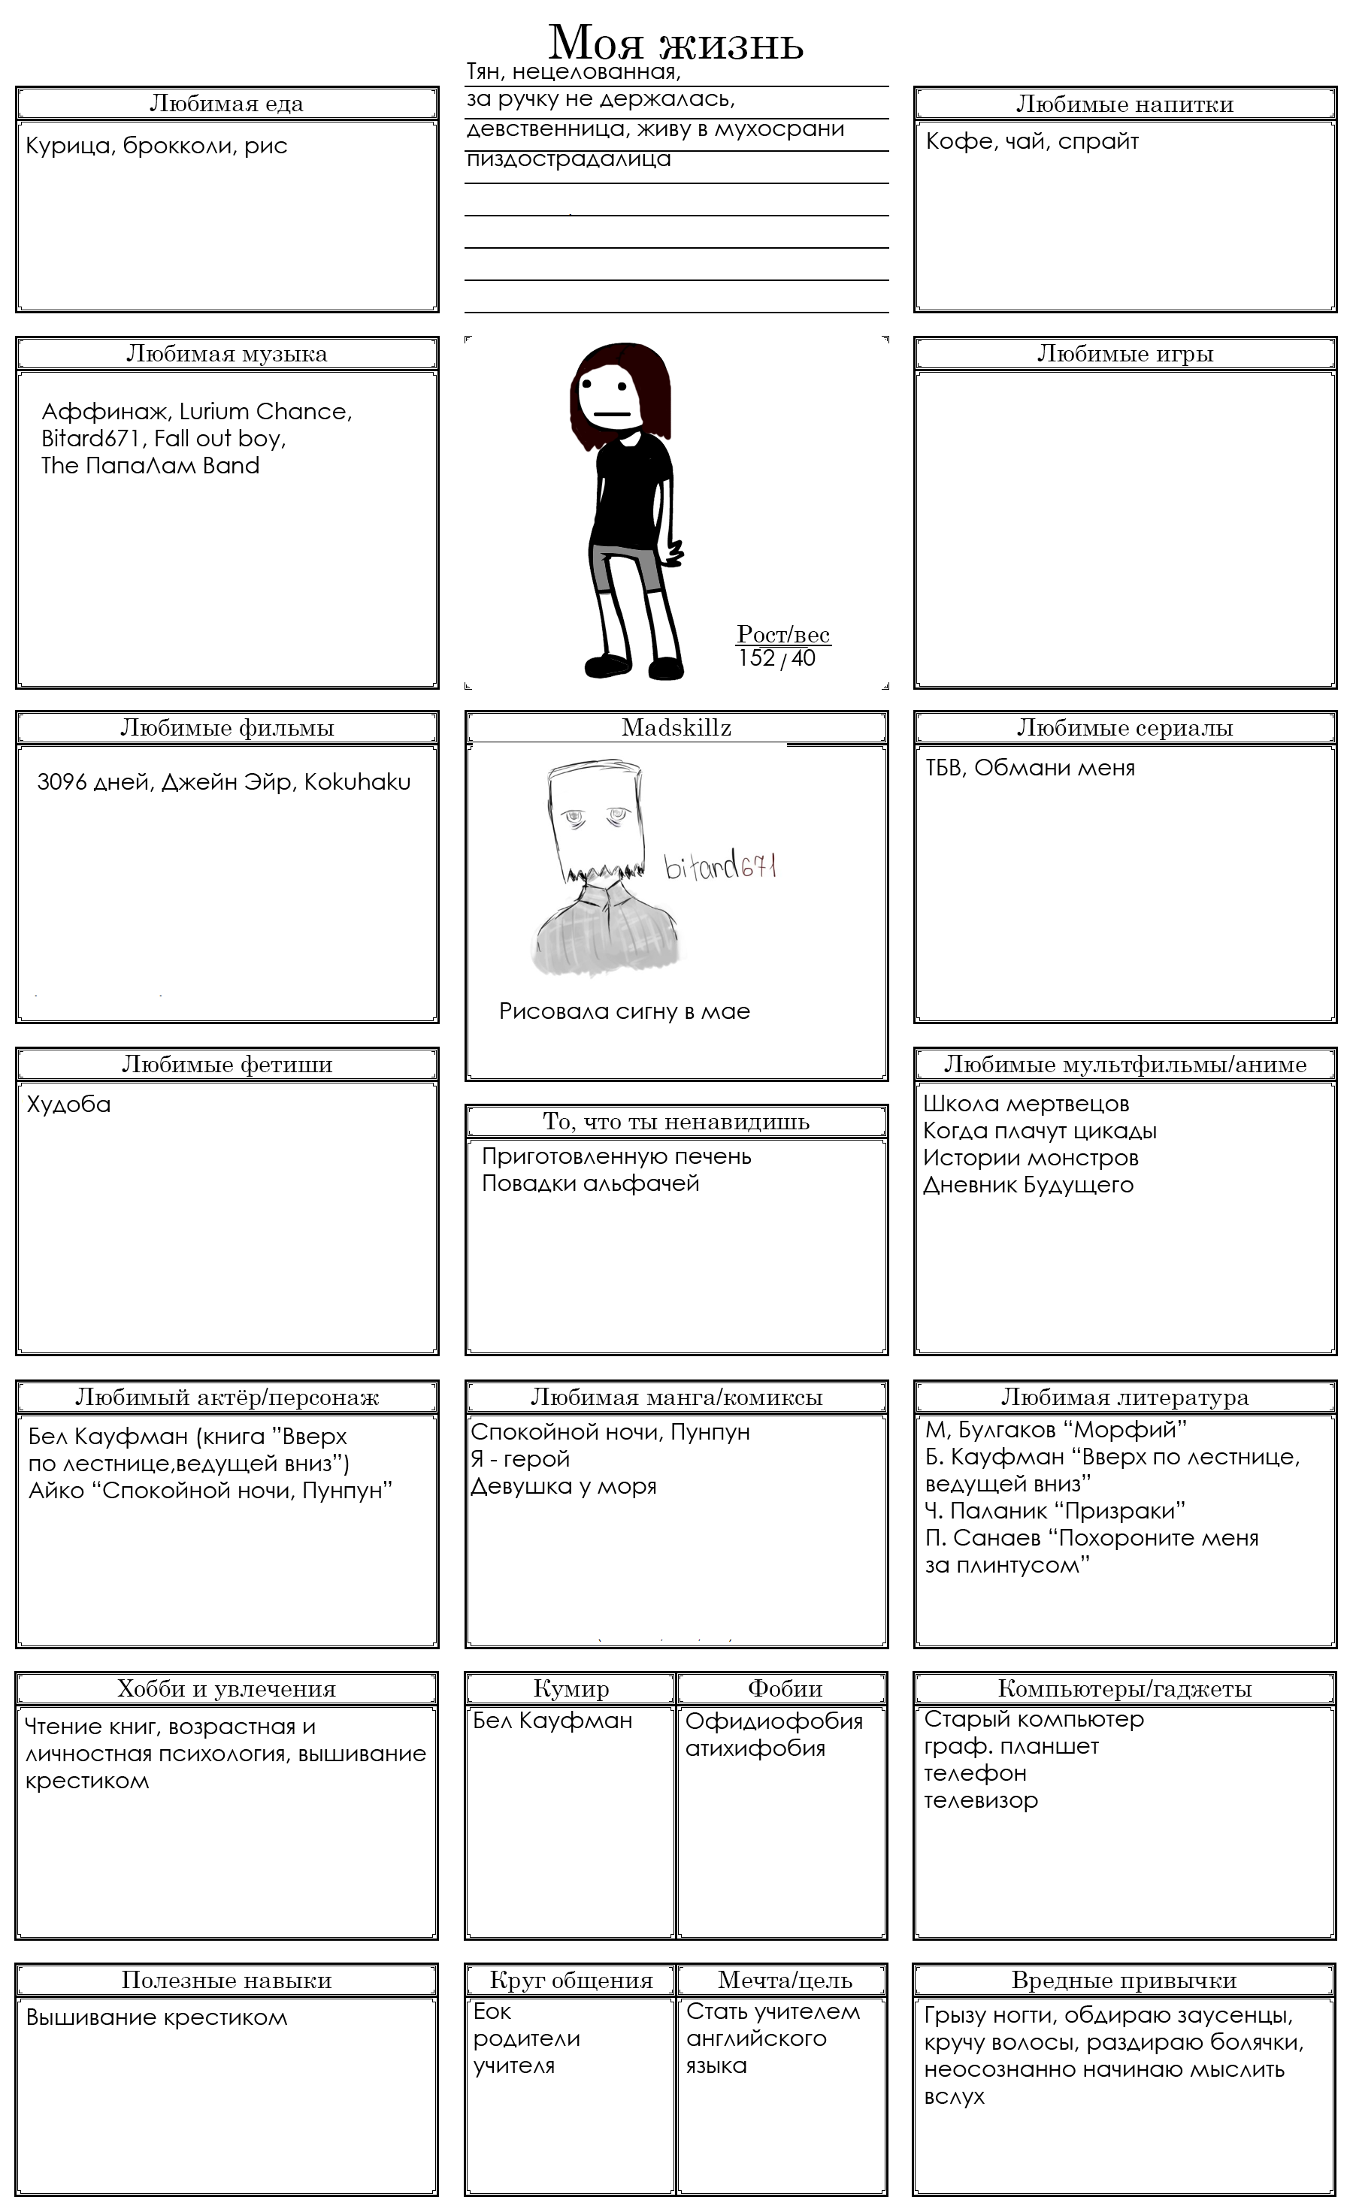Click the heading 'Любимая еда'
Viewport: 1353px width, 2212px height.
[226, 104]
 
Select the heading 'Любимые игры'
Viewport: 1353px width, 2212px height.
[1125, 354]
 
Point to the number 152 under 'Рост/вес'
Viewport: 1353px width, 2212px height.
[756, 658]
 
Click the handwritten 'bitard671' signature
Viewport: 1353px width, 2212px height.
[720, 867]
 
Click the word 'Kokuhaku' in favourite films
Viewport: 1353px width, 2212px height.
[357, 782]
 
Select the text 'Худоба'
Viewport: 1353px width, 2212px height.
[68, 1104]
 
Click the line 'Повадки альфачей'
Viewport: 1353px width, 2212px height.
[590, 1183]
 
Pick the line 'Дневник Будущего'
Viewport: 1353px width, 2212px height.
[1028, 1185]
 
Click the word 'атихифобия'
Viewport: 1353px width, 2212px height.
[755, 1748]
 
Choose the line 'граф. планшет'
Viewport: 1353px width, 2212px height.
[1011, 1746]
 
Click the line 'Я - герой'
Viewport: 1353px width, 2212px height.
[521, 1459]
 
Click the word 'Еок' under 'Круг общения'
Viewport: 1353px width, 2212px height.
[493, 2012]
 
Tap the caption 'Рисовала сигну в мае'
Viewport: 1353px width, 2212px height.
[624, 1012]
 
